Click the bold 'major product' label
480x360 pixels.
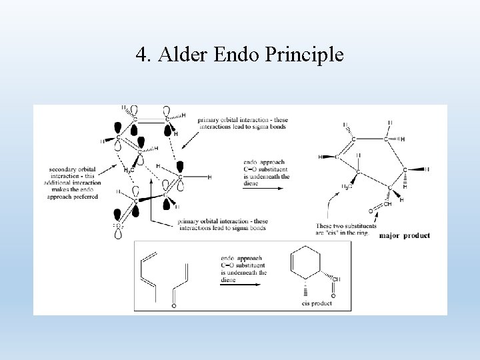click(404, 235)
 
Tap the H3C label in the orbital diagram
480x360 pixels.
click(129, 170)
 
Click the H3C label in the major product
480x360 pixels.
click(347, 186)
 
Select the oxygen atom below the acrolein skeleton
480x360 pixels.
click(174, 306)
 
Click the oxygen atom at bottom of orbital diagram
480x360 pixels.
click(119, 226)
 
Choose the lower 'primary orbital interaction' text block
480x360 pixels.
click(223, 225)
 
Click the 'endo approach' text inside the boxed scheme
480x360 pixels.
click(243, 269)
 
